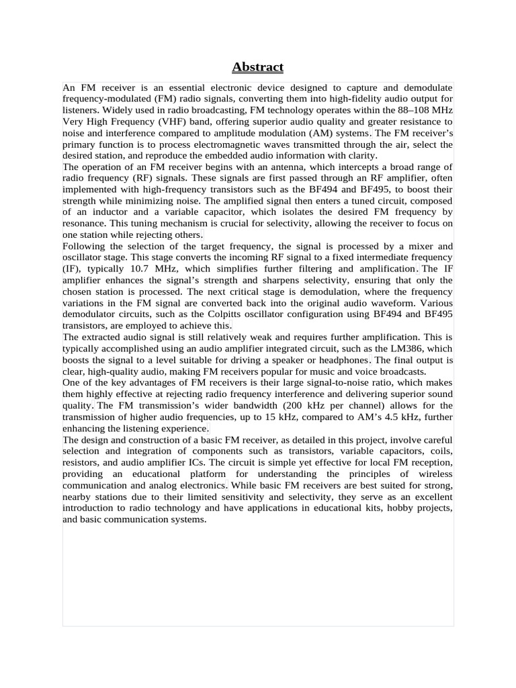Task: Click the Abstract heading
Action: coord(258,67)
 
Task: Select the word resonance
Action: coord(84,224)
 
